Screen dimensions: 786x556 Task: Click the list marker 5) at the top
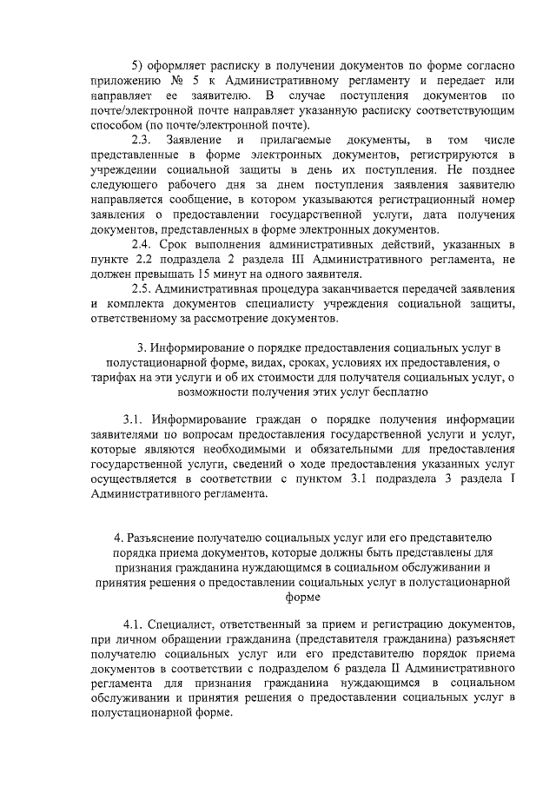(x=137, y=66)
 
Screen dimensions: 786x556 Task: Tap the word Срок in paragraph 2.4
(x=175, y=244)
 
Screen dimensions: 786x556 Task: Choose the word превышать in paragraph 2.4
(x=167, y=274)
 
